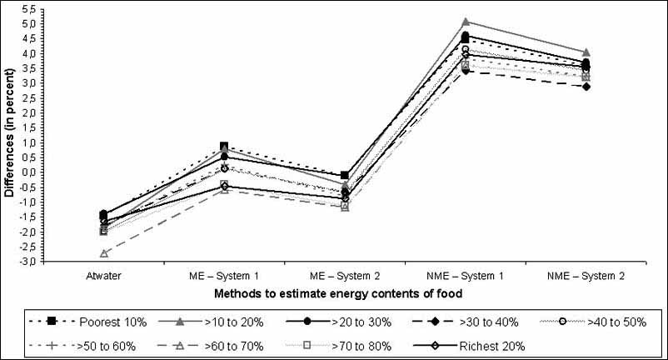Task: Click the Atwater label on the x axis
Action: (x=105, y=276)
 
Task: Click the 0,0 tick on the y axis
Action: (x=30, y=172)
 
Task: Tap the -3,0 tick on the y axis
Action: (x=28, y=262)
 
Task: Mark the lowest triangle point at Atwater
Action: (x=105, y=253)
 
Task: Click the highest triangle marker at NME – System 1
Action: (x=466, y=22)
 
